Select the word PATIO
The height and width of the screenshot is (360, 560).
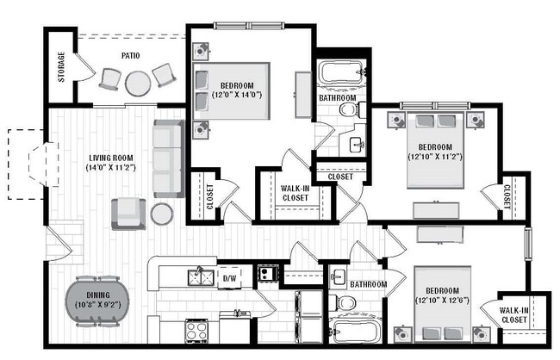pyautogui.click(x=131, y=56)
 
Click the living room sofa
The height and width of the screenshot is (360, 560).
pyautogui.click(x=168, y=158)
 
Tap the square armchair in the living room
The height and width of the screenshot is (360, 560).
pyautogui.click(x=128, y=212)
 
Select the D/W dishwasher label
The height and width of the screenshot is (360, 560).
pyautogui.click(x=229, y=278)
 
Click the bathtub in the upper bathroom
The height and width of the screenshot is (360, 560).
pyautogui.click(x=341, y=74)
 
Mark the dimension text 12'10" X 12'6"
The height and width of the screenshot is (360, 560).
pyautogui.click(x=442, y=300)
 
